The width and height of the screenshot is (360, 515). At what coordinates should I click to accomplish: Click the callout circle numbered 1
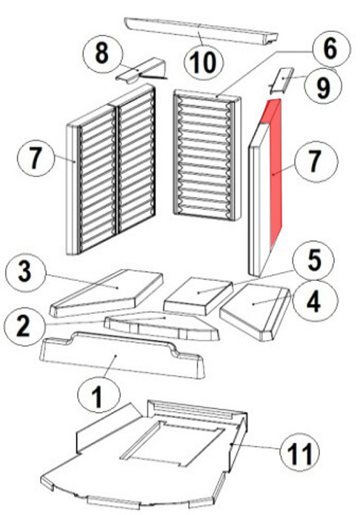pyautogui.click(x=99, y=395)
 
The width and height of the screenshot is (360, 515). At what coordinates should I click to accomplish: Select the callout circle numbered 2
pyautogui.click(x=24, y=326)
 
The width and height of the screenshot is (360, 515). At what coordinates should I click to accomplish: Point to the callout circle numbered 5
pyautogui.click(x=314, y=261)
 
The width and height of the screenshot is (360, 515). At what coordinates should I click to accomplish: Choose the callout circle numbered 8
pyautogui.click(x=102, y=54)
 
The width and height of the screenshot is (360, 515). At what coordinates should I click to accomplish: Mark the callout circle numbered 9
pyautogui.click(x=323, y=87)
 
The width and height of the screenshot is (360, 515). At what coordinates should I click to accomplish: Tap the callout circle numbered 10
pyautogui.click(x=204, y=63)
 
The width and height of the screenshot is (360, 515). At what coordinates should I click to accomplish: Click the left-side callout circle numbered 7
pyautogui.click(x=36, y=158)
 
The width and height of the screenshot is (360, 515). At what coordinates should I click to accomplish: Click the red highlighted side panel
pyautogui.click(x=276, y=170)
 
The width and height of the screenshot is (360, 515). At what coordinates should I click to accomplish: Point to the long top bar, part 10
pyautogui.click(x=201, y=32)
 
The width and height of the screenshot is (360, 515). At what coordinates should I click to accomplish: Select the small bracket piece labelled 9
pyautogui.click(x=282, y=80)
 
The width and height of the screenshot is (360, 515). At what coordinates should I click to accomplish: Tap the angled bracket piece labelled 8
pyautogui.click(x=142, y=70)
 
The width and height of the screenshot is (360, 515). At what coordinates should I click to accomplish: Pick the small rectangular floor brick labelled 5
pyautogui.click(x=199, y=296)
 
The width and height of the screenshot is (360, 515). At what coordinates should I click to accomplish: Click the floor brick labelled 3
pyautogui.click(x=107, y=292)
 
